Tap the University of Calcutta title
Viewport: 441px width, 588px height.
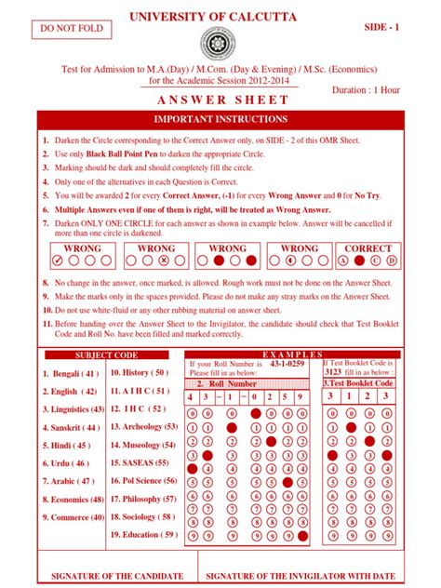coord(220,18)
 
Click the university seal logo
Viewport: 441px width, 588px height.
coord(220,47)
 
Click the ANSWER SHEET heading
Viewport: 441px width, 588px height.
coord(220,100)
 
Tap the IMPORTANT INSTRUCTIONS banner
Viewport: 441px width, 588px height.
coord(220,120)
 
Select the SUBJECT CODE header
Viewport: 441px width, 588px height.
coord(105,355)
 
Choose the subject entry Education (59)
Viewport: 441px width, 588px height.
coord(143,535)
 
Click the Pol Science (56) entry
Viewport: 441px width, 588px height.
coord(143,481)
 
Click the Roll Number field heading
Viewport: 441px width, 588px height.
coord(234,383)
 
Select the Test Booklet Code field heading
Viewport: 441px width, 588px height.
coord(358,383)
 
